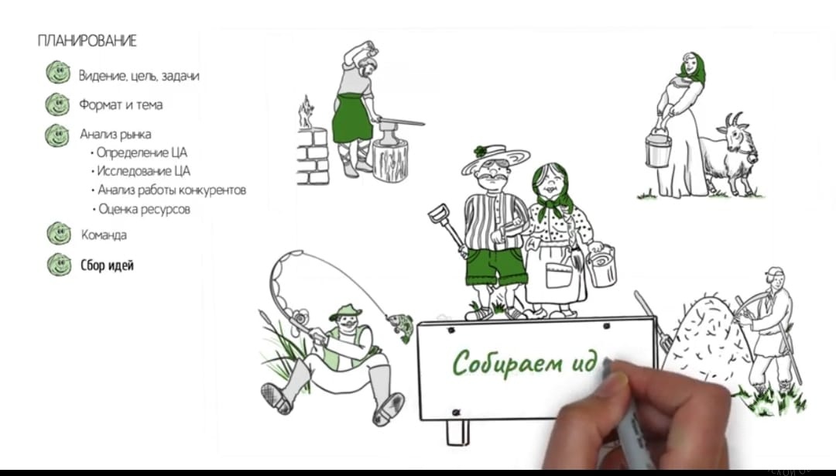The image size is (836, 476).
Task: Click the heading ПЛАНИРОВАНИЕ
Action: click(x=87, y=41)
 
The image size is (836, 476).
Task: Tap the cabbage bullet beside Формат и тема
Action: click(x=57, y=104)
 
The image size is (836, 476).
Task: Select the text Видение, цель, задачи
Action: click(x=139, y=76)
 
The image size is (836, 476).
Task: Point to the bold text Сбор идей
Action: click(x=107, y=265)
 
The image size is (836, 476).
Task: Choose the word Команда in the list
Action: click(x=104, y=235)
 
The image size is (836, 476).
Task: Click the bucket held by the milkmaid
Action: click(x=657, y=149)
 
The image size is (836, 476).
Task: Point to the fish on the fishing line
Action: click(x=400, y=326)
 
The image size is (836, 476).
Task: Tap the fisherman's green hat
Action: click(x=345, y=312)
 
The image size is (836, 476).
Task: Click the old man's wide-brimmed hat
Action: click(x=495, y=159)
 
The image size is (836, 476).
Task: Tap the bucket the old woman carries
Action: click(x=601, y=265)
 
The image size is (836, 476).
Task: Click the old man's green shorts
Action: click(x=496, y=265)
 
